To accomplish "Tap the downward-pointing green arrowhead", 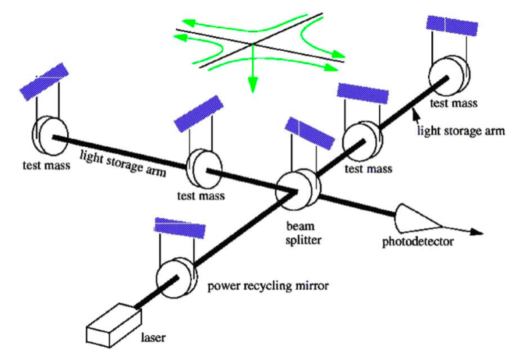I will (x=253, y=85).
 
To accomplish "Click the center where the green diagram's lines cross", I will (x=253, y=46).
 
